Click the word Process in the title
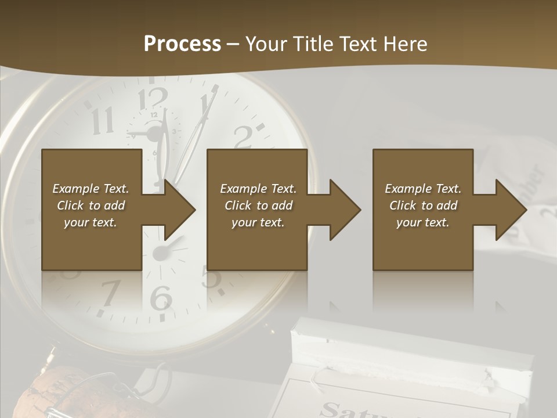[x=182, y=44]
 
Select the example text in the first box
[x=91, y=206]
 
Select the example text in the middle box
[x=258, y=206]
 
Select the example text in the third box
[x=423, y=206]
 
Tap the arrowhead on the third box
[x=510, y=210]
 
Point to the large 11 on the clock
[x=103, y=121]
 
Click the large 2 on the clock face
[x=244, y=137]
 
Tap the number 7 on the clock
[x=110, y=293]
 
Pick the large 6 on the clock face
[x=161, y=298]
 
